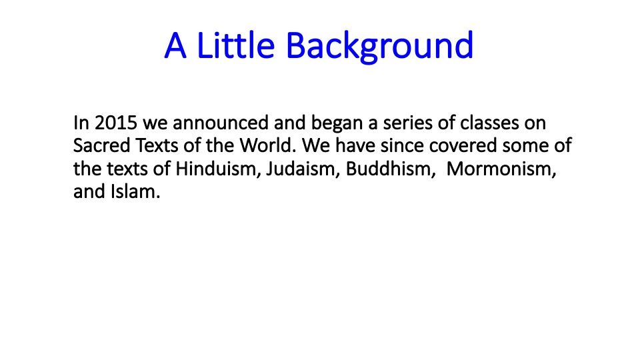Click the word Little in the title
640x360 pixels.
pyautogui.click(x=236, y=45)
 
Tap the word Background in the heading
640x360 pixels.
pyautogui.click(x=379, y=47)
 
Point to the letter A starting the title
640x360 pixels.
pyautogui.click(x=175, y=46)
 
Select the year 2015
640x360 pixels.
pyautogui.click(x=116, y=123)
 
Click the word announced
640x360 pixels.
pyautogui.click(x=221, y=123)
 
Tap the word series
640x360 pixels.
pyautogui.click(x=407, y=123)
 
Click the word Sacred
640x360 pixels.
pyautogui.click(x=101, y=145)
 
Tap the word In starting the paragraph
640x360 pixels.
pyautogui.click(x=81, y=123)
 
